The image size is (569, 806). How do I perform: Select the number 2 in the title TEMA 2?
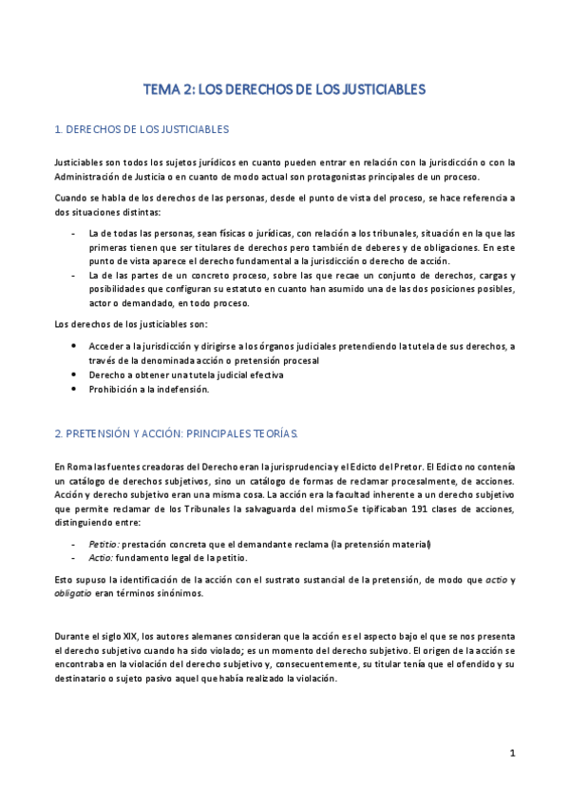pyautogui.click(x=190, y=90)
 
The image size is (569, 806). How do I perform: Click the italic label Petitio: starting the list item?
pyautogui.click(x=103, y=544)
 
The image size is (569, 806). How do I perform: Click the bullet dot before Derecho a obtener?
pyautogui.click(x=75, y=374)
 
